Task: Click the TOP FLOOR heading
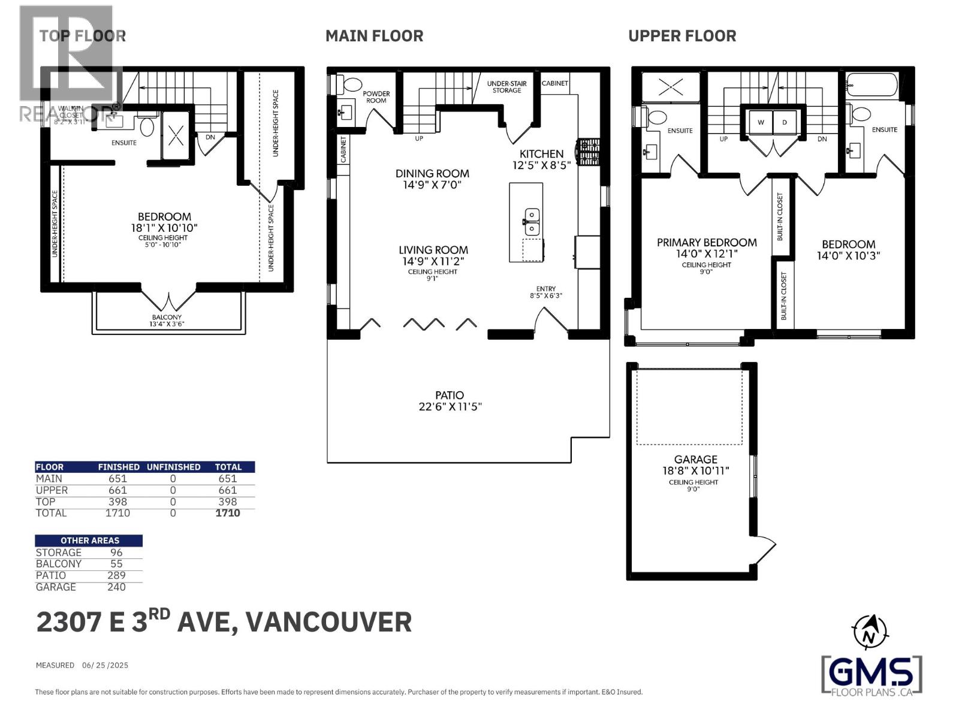point(82,36)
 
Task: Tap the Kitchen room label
point(541,154)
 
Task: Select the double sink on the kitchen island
point(531,222)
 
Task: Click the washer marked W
point(761,122)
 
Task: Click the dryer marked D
point(785,122)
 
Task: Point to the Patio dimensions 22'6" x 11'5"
point(450,407)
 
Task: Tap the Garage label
point(695,460)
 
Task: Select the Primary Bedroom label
point(707,243)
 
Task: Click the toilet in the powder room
point(352,85)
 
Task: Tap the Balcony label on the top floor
point(167,318)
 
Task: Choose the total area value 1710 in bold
point(227,513)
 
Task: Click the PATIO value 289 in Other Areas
point(116,576)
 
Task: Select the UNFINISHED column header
point(173,467)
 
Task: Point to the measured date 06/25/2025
point(105,665)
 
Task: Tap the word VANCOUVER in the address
point(329,622)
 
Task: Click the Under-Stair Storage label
point(506,87)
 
